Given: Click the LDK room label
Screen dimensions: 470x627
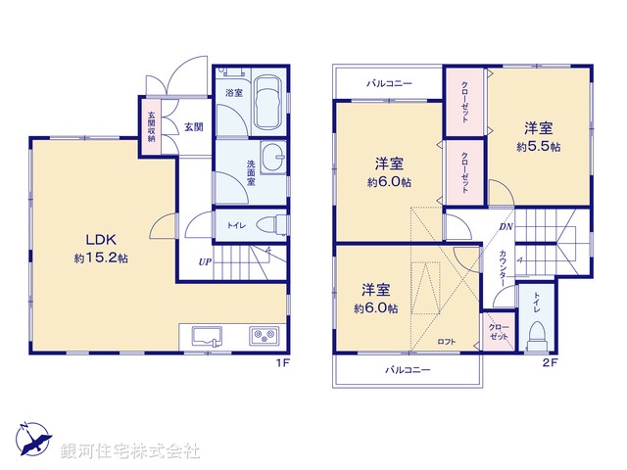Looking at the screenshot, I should (100, 240).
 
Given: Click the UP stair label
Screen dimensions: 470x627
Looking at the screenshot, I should (205, 261).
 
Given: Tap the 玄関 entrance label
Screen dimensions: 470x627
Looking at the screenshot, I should (193, 126).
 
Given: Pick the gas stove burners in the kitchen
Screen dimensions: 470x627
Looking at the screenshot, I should (265, 336).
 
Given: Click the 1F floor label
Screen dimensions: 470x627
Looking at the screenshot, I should (281, 363).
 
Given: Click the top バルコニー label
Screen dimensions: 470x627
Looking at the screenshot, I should (390, 84).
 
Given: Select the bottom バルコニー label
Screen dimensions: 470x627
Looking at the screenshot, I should (407, 369).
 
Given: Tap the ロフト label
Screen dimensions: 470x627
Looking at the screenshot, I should (446, 341).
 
